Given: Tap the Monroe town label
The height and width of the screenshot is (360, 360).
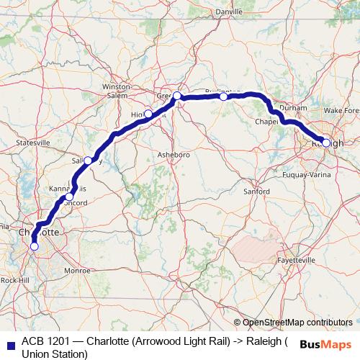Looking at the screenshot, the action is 77,271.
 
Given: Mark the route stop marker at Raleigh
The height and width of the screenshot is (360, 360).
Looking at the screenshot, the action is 326,143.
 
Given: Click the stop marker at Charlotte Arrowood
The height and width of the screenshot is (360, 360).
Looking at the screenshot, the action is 34,246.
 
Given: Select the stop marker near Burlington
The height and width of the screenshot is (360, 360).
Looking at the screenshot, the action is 224,96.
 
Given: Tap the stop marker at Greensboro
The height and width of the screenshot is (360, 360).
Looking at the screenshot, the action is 176,95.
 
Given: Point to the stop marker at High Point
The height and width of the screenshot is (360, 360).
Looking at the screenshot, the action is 148,113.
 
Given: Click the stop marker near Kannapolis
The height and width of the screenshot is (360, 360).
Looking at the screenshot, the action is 69,196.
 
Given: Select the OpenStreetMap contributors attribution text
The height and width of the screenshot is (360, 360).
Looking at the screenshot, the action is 297,322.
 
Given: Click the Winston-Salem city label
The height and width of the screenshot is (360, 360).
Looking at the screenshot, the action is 115,89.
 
